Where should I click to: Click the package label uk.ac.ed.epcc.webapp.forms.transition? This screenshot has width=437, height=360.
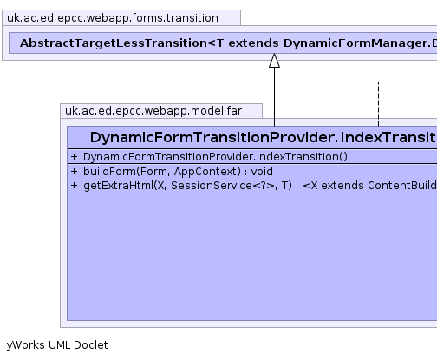(113, 18)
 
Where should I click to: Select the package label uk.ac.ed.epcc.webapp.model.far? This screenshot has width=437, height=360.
(153, 111)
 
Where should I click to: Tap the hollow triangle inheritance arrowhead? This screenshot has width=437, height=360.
(274, 61)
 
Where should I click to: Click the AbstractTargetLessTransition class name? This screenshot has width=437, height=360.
(114, 43)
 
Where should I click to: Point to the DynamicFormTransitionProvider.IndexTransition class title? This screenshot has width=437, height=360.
(263, 137)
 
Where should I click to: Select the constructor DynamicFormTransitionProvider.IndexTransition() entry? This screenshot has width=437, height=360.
(215, 157)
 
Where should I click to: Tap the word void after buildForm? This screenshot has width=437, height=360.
(262, 172)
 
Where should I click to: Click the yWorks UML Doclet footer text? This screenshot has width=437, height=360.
(57, 345)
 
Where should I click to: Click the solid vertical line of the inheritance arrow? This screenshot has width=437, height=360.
(274, 97)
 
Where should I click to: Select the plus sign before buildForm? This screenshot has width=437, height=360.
(75, 172)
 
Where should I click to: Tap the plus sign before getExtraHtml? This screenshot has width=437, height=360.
(75, 186)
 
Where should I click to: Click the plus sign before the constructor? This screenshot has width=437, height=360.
(75, 157)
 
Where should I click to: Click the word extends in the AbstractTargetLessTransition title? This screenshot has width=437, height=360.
(253, 43)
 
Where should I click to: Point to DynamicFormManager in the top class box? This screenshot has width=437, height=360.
(355, 43)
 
